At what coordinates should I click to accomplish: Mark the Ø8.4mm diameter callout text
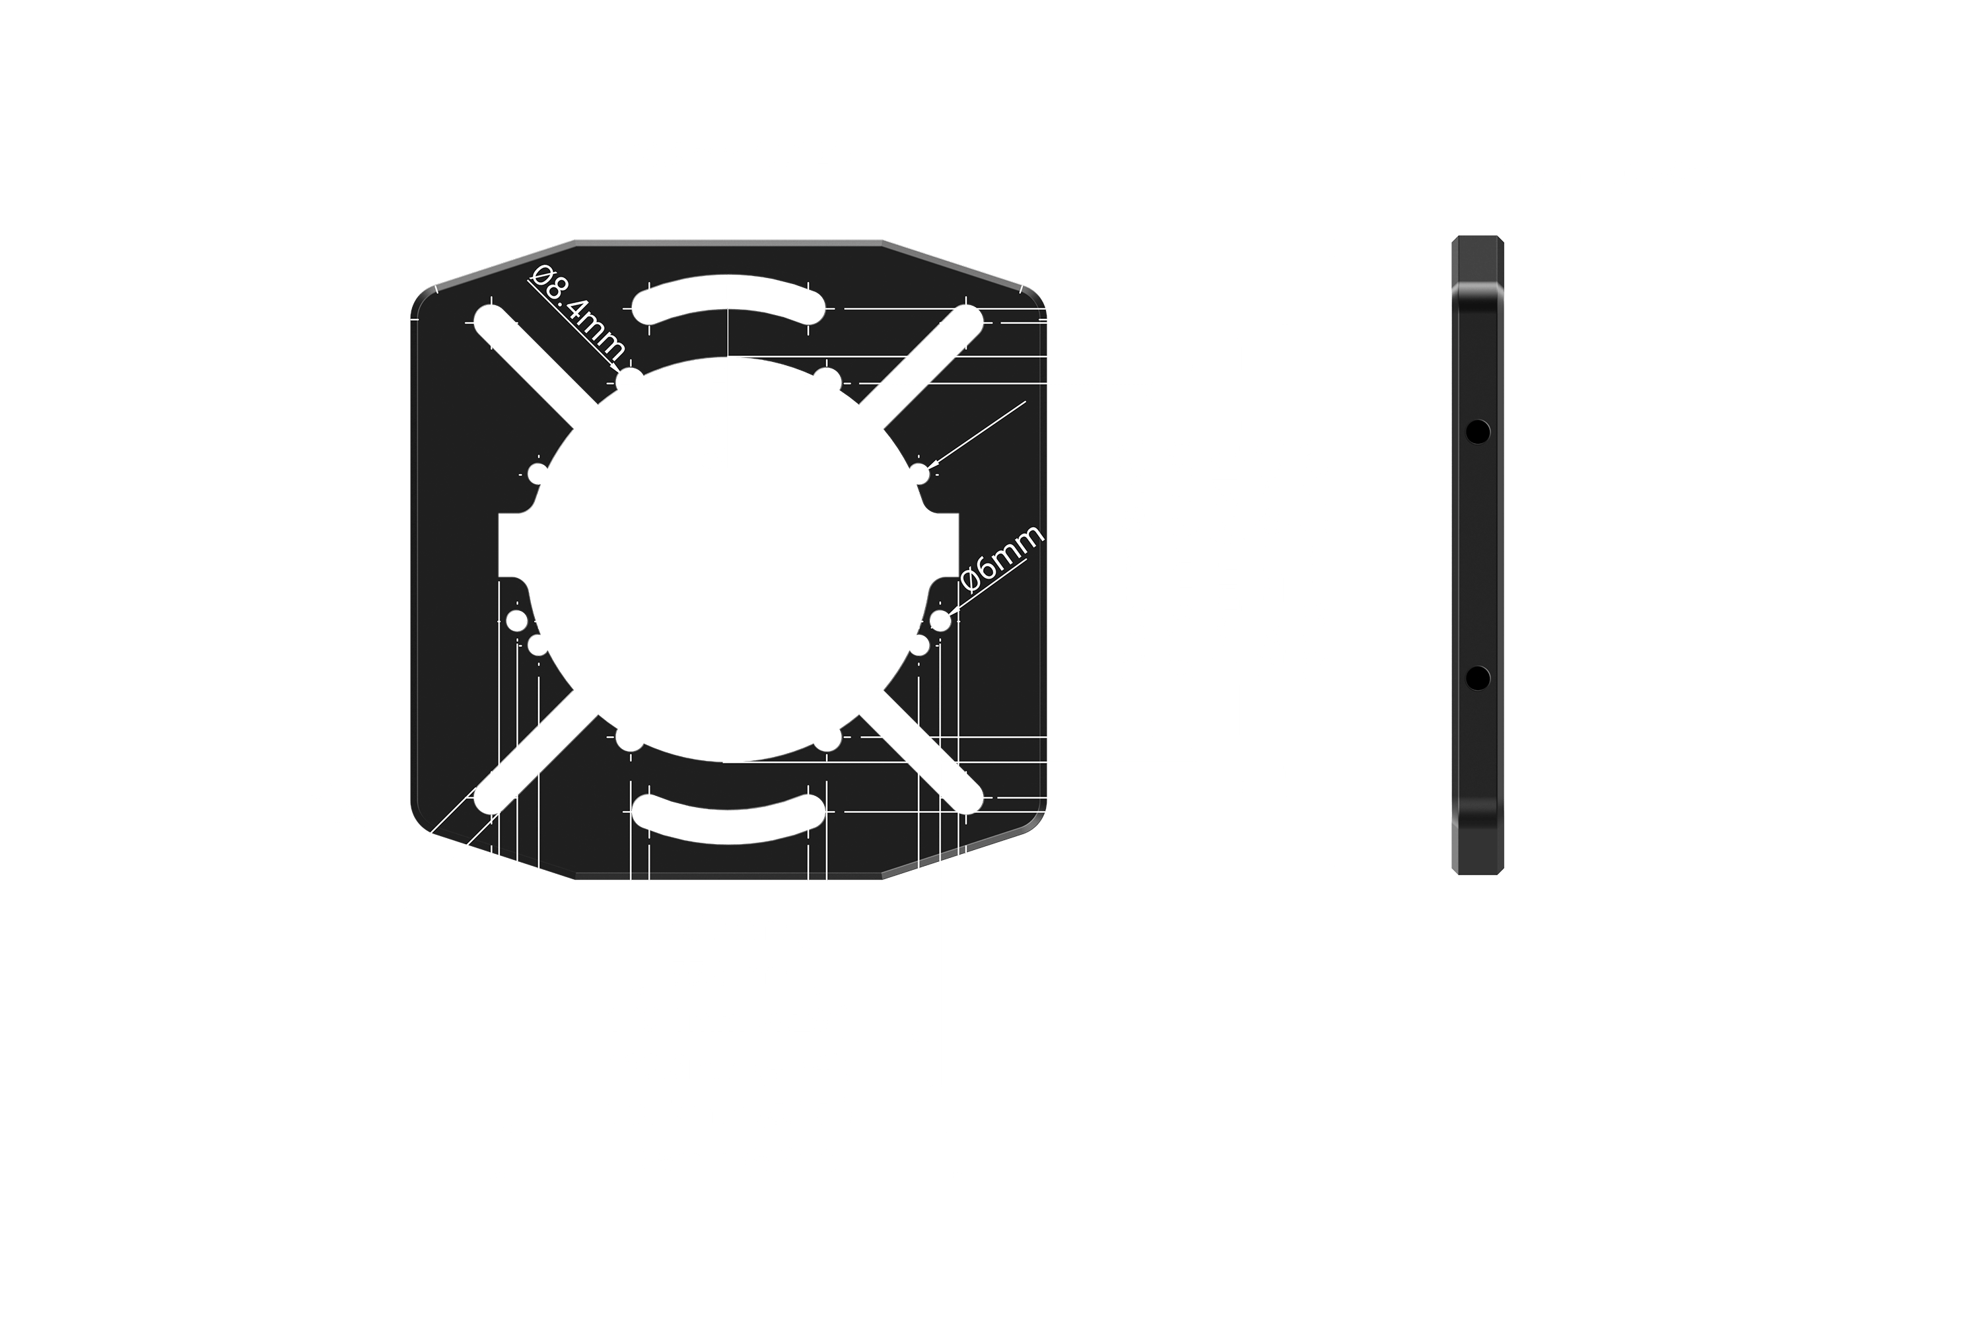(580, 312)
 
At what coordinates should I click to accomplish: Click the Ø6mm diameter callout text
(1002, 559)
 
